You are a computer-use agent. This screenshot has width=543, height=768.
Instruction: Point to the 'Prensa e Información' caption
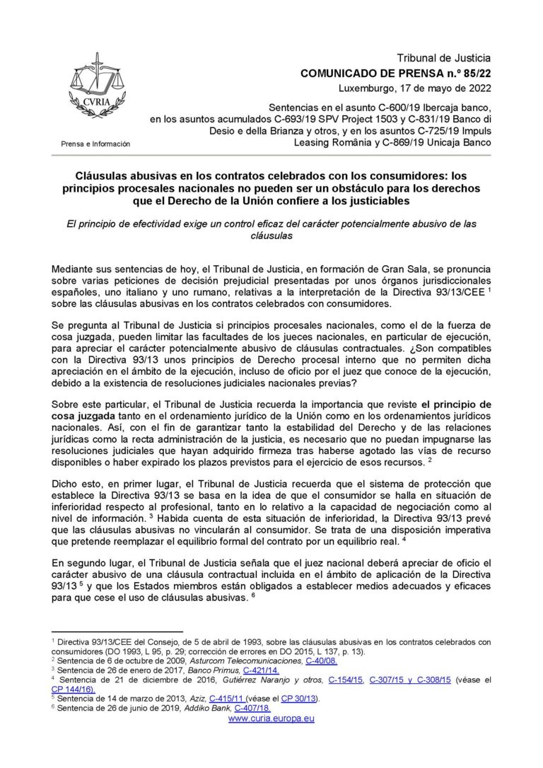pos(95,144)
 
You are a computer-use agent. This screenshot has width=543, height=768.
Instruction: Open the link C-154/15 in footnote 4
pos(346,680)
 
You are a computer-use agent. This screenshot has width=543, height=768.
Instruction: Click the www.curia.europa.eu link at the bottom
pos(271,718)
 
